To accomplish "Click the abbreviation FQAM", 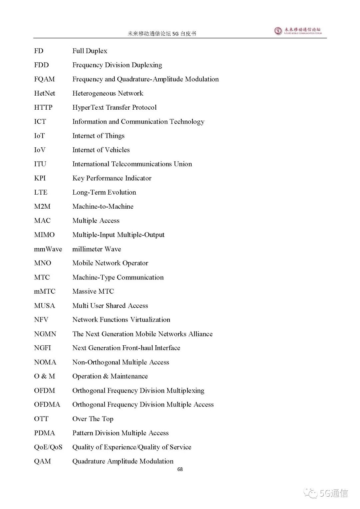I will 44,79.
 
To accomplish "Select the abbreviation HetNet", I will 45,93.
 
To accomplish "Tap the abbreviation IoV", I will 40,150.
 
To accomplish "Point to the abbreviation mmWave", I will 48,249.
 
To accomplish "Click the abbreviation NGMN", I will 45,334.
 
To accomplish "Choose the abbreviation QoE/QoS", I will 48,447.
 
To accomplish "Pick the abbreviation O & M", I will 44,376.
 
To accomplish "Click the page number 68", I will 180,469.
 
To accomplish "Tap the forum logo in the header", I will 298,31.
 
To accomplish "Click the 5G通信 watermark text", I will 333,493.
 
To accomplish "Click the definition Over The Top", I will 93,419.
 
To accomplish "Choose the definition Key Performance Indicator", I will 112,178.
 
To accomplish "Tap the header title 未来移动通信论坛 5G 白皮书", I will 162,33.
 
